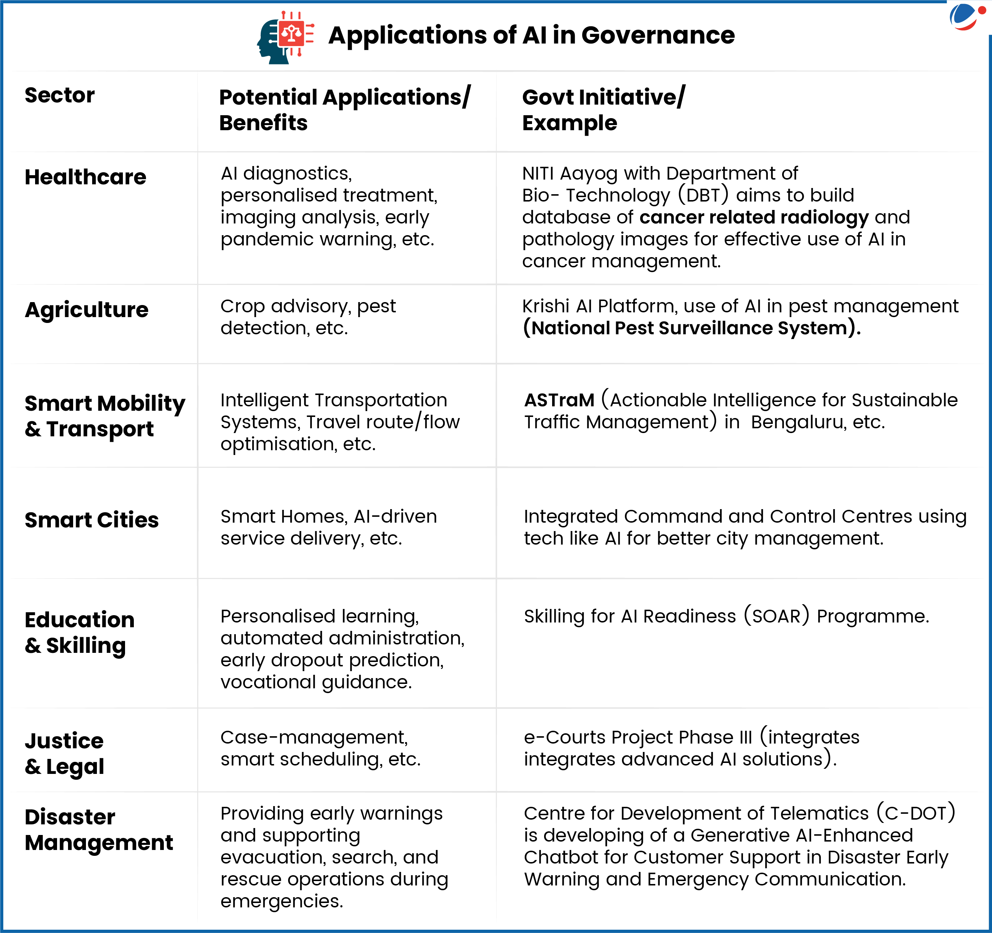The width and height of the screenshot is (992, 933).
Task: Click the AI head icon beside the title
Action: tap(285, 37)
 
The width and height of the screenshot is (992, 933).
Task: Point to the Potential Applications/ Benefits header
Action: tap(344, 109)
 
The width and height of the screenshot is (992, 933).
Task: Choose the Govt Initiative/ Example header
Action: tap(603, 109)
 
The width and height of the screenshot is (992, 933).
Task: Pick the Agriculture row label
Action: tap(86, 309)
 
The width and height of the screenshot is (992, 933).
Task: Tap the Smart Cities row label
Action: tap(91, 520)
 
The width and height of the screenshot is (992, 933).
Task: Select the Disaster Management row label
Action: tap(99, 829)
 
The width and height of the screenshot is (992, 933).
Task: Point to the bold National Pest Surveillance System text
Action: tap(691, 328)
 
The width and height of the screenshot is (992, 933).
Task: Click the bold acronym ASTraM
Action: tap(559, 400)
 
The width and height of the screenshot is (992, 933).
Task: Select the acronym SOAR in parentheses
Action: tap(776, 616)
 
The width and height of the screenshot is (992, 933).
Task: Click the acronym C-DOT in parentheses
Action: tap(916, 813)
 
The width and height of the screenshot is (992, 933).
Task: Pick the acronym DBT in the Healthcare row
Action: tap(703, 195)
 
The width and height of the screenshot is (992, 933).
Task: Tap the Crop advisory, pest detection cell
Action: tap(308, 317)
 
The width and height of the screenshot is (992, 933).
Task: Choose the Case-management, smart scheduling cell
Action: tap(320, 748)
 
